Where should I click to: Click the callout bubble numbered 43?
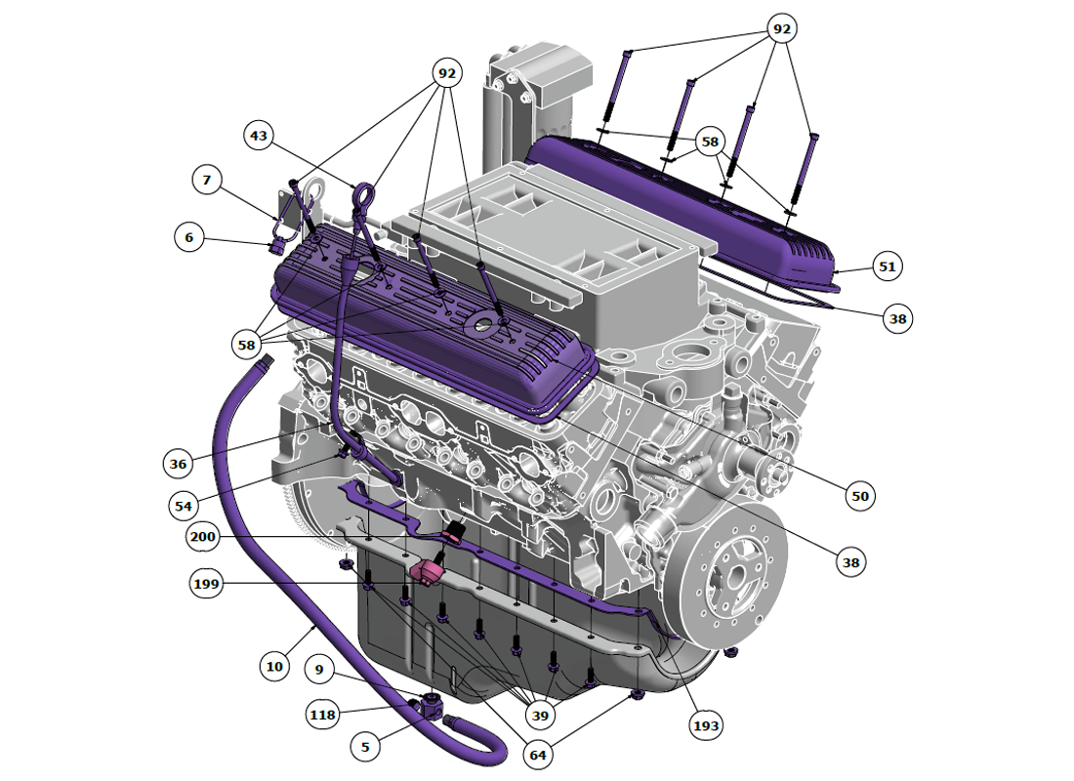coord(258,136)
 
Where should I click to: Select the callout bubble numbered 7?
coord(207,181)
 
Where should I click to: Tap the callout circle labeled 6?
coord(189,238)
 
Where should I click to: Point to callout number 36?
coord(178,464)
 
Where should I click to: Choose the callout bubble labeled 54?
coord(183,507)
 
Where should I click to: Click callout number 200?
coord(203,536)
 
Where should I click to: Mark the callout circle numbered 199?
coord(206,584)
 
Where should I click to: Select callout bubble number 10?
coord(274,667)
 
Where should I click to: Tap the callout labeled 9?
coord(319,670)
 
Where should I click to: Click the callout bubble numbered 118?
coord(322,716)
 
